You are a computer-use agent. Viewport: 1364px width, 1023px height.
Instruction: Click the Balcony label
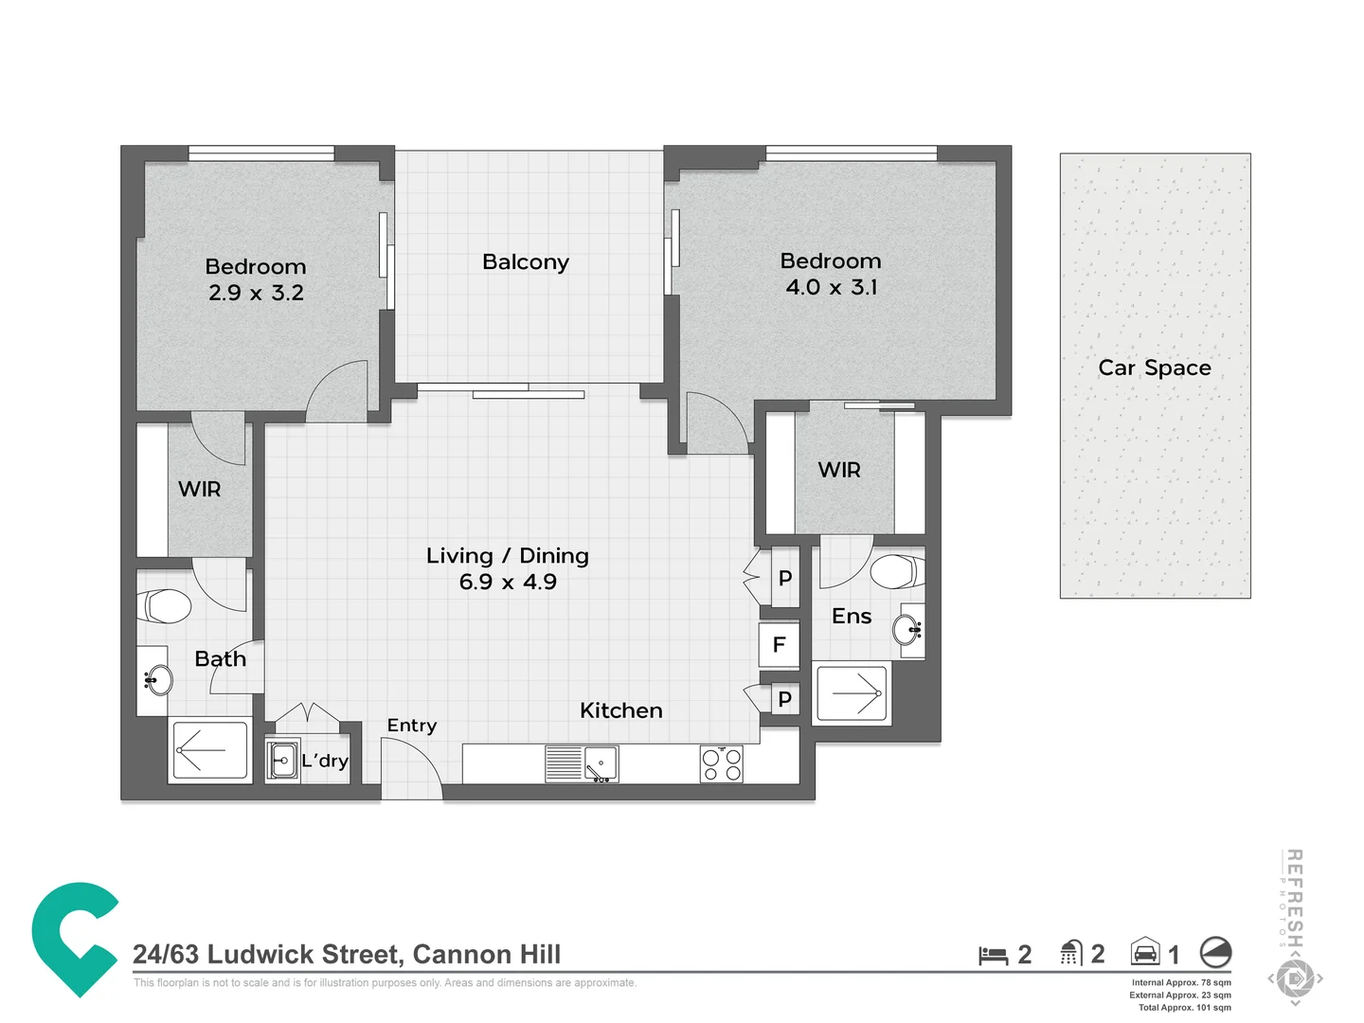525,262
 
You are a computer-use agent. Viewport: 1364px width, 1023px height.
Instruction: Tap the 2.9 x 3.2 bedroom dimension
256,293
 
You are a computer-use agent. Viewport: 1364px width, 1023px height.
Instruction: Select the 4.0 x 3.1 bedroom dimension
831,287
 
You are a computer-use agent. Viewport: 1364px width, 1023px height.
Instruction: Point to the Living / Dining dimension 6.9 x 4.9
508,583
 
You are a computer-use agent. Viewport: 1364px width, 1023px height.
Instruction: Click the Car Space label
1154,368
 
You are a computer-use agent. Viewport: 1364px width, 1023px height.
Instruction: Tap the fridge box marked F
779,645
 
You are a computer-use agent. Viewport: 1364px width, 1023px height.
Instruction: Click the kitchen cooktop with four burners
722,763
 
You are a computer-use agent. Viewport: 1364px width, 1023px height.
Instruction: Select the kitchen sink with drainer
582,763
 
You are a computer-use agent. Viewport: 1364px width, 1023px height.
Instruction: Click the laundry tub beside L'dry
282,760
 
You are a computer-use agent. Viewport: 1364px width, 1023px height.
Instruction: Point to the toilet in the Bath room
164,606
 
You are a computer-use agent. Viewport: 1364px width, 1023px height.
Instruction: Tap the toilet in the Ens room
895,571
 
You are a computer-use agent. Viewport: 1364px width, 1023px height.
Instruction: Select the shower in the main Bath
209,751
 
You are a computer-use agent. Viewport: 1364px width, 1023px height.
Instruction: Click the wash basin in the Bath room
157,680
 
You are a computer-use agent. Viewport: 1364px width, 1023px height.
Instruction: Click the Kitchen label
620,710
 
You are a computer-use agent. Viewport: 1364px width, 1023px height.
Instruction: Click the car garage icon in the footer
1145,952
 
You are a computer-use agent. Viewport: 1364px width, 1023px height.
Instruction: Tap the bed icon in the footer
993,955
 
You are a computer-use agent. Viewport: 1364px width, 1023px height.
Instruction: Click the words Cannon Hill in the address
487,954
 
